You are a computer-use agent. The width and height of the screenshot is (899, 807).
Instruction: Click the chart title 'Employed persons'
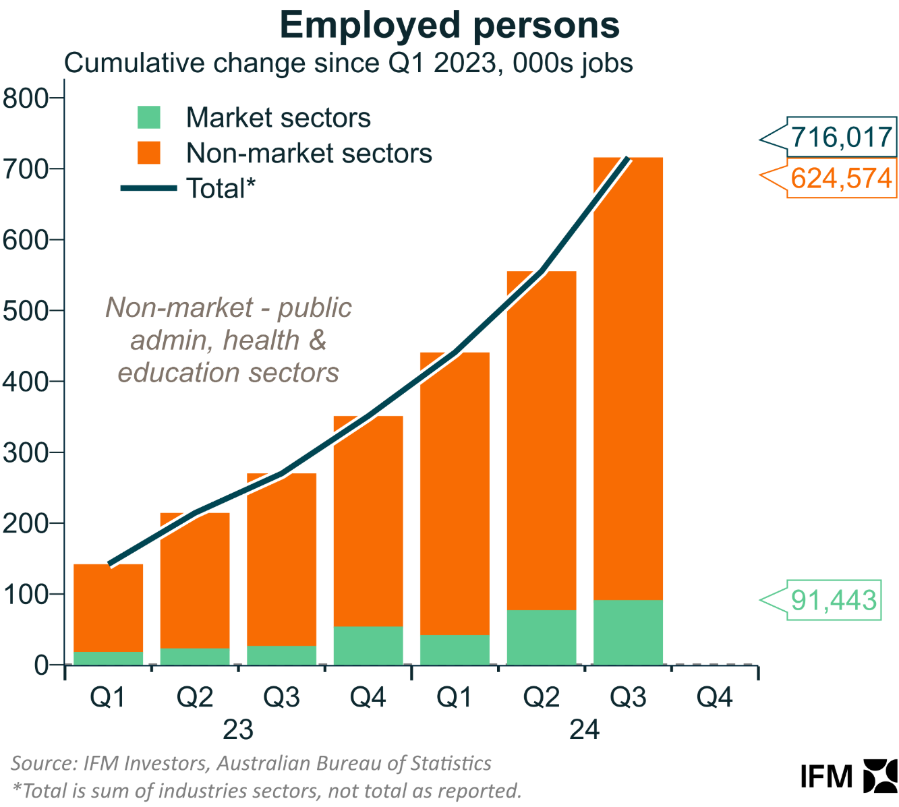(449, 26)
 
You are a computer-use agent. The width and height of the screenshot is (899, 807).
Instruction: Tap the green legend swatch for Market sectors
(149, 117)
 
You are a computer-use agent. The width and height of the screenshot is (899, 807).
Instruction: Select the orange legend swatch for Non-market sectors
(149, 152)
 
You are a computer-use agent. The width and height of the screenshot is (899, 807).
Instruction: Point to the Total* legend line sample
(148, 189)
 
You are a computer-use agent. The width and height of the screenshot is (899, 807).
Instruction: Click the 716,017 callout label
(841, 138)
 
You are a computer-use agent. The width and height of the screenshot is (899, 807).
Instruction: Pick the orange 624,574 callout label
(841, 179)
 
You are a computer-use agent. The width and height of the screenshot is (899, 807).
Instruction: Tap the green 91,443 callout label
(834, 599)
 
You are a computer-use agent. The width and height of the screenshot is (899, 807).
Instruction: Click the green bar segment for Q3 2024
(628, 632)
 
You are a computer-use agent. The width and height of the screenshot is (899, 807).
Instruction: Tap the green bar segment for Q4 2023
(368, 645)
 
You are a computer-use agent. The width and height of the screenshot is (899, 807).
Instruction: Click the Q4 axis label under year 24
(714, 697)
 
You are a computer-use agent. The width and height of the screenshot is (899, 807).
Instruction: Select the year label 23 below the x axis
(237, 729)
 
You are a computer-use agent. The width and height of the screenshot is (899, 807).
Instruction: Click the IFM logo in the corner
(848, 775)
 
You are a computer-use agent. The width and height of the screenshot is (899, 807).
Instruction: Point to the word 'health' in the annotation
(261, 340)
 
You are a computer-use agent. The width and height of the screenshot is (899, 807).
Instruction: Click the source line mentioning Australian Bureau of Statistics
(251, 763)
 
